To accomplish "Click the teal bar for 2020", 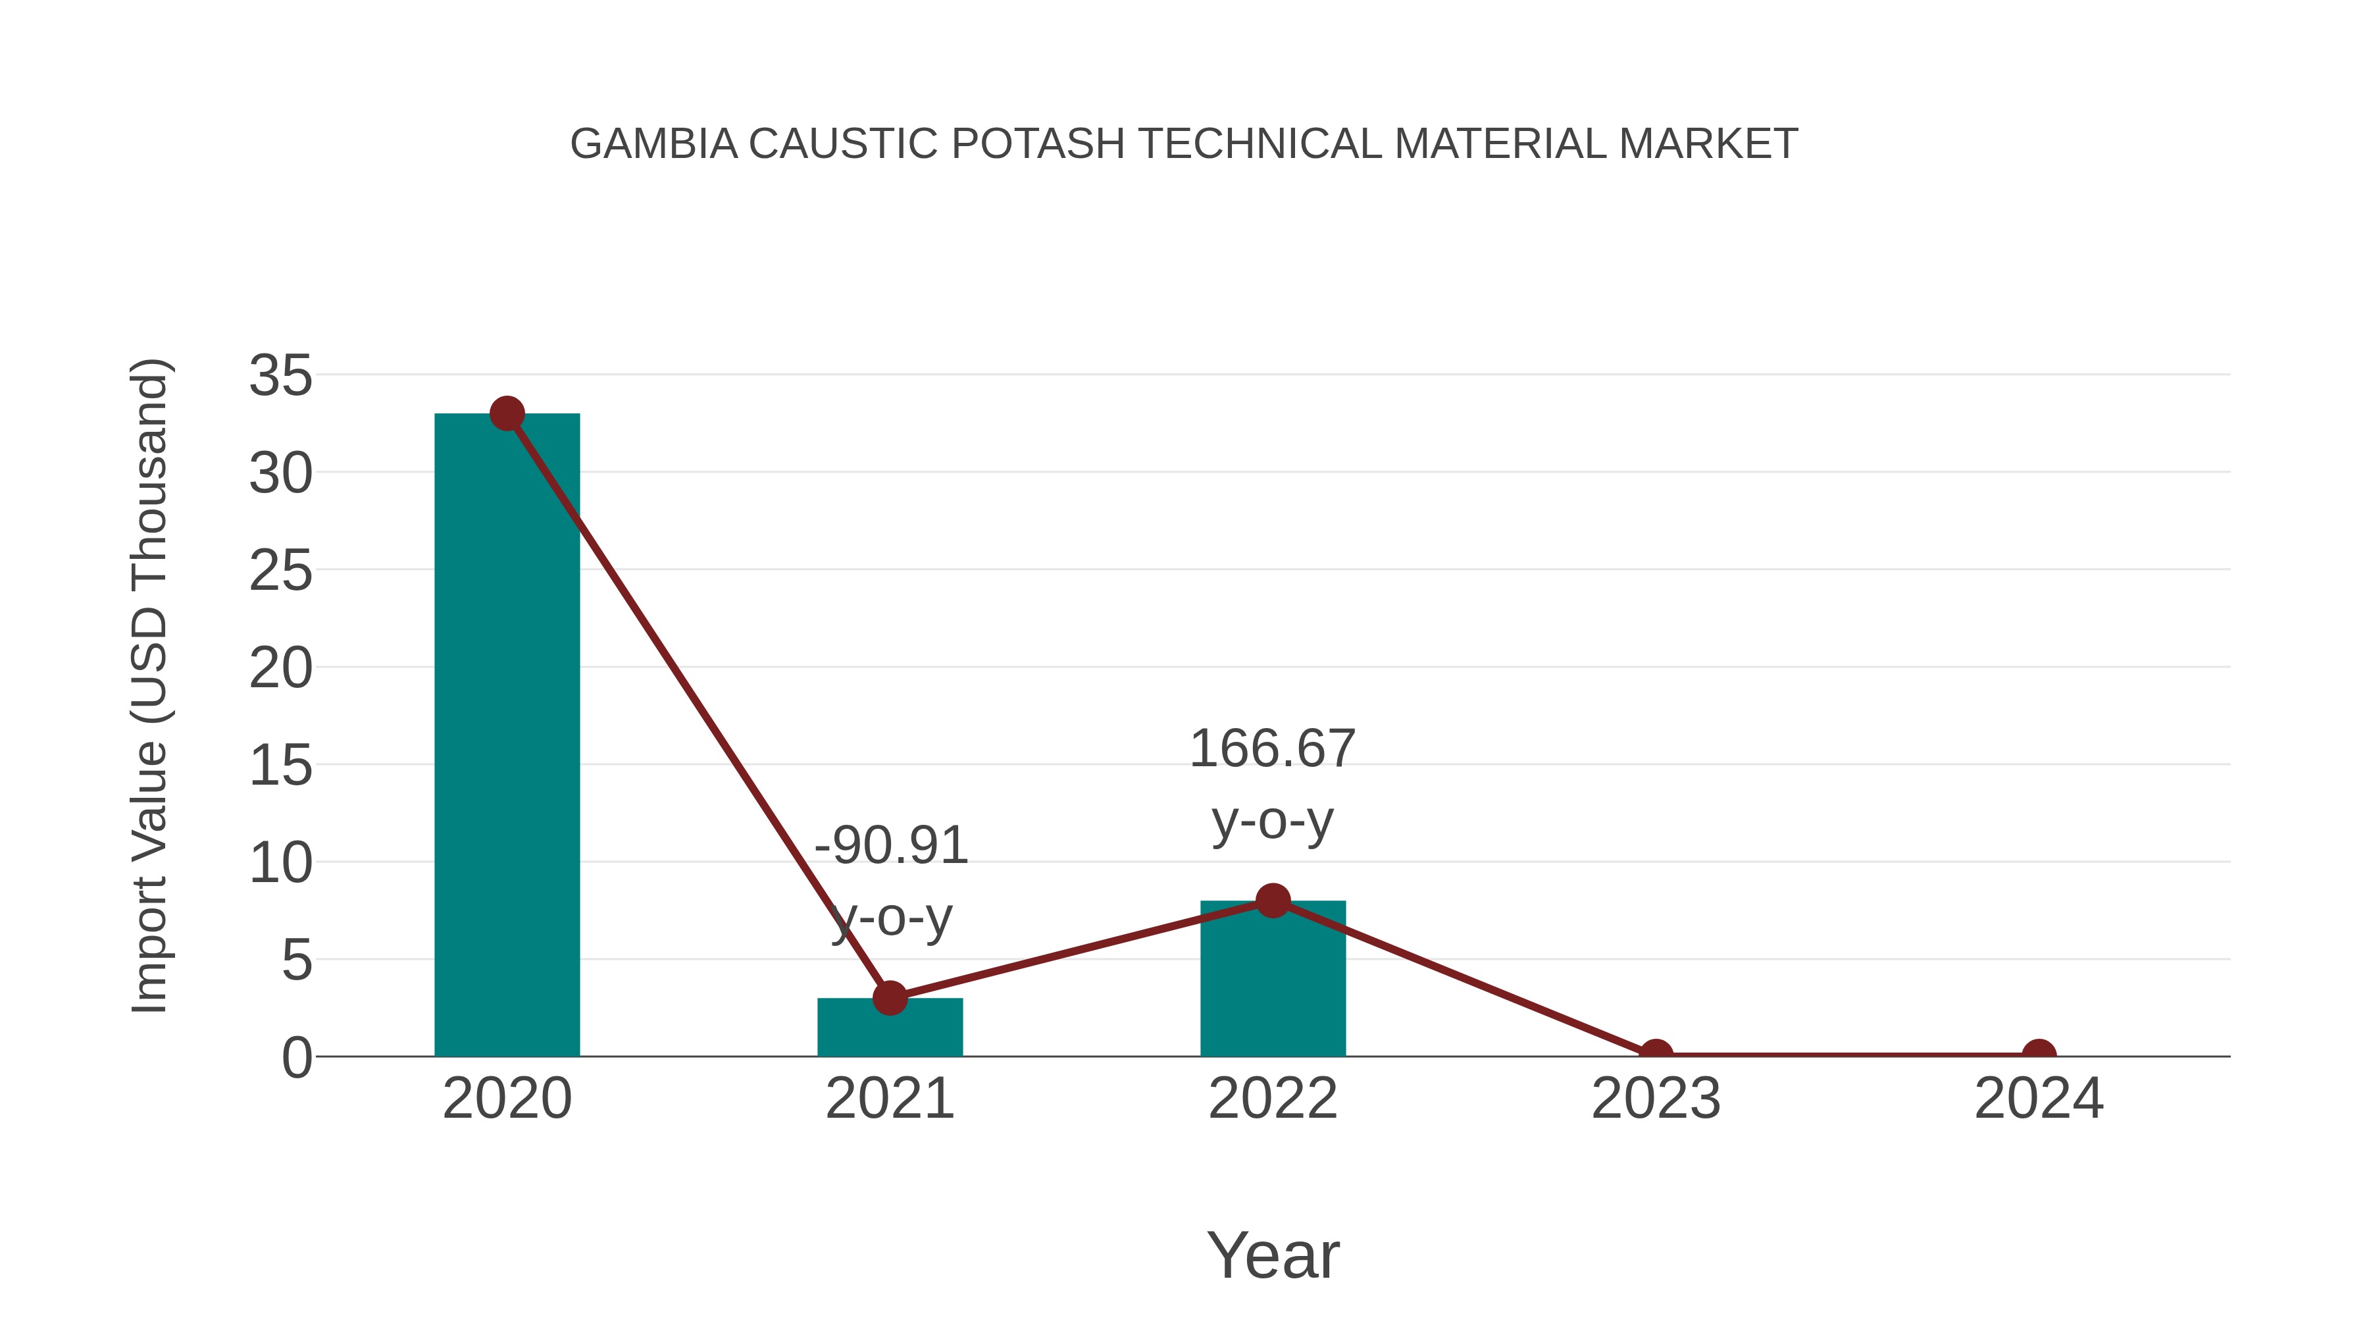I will [507, 736].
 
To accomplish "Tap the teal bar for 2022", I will [1273, 980].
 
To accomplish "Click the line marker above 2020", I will [507, 414].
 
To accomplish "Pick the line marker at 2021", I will [890, 997].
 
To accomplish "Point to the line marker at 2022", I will [1273, 901].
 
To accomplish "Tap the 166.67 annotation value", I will [1272, 749].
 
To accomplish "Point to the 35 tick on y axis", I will [280, 377].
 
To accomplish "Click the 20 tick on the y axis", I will [280, 669].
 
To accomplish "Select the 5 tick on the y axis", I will [296, 961].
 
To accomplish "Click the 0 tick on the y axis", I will [296, 1058].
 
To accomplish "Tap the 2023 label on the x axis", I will [1656, 1099].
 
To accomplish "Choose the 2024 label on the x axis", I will [2039, 1099].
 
